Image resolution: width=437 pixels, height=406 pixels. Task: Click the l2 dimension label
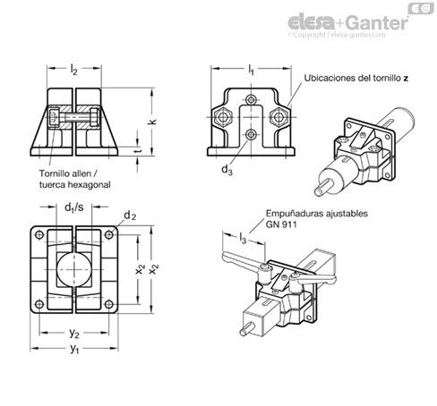73,70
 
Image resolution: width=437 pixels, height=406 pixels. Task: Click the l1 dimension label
251,70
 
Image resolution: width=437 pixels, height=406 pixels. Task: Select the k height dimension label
152,122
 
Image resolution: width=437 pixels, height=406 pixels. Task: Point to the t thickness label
137,151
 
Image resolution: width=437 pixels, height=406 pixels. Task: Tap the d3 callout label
227,170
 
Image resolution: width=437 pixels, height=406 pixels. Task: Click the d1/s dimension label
74,207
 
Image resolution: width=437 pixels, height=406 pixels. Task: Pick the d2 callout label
130,216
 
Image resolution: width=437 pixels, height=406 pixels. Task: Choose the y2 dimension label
74,334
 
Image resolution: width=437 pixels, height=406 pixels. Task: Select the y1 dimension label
74,349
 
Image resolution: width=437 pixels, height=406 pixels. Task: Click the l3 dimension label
243,238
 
